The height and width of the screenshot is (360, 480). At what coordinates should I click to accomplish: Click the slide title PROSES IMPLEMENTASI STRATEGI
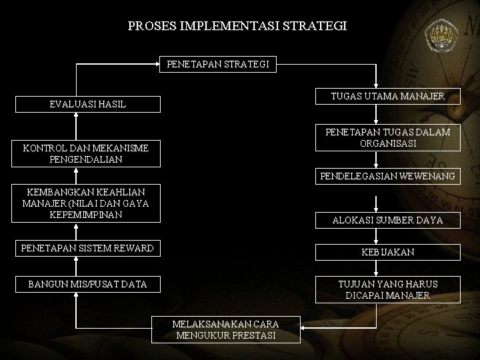[x=237, y=27]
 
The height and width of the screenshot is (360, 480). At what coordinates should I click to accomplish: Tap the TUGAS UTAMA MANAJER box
[x=387, y=97]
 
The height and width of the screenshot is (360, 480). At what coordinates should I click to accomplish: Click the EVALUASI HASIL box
[x=87, y=104]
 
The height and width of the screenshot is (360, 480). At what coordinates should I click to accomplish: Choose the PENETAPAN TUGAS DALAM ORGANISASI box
[x=387, y=137]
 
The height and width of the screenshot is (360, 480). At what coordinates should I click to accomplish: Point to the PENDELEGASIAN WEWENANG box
[x=387, y=177]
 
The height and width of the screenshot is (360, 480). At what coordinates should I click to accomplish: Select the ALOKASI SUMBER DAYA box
[x=387, y=220]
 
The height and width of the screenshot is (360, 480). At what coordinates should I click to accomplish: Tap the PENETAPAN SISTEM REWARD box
[x=87, y=248]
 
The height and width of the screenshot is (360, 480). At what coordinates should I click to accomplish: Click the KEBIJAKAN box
[x=387, y=252]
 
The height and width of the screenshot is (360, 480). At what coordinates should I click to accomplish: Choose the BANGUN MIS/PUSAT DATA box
[x=87, y=285]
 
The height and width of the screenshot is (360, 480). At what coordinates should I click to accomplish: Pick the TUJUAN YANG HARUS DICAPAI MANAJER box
[x=387, y=289]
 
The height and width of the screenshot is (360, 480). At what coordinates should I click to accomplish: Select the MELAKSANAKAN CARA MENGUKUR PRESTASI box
[x=225, y=329]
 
